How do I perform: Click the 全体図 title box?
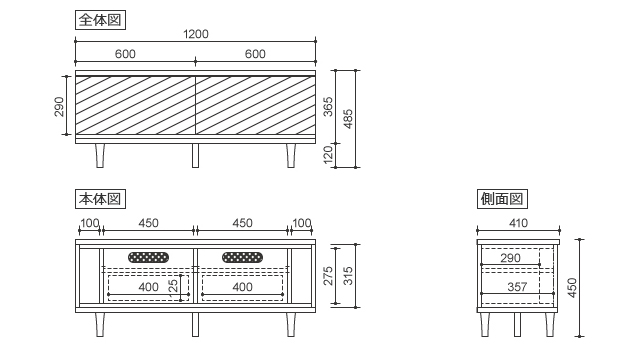tap(100, 20)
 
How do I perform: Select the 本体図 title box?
tap(100, 199)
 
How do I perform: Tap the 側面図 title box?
tap(502, 199)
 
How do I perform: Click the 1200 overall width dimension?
tap(196, 34)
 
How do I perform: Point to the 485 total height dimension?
tap(348, 119)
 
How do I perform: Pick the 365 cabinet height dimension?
tap(328, 107)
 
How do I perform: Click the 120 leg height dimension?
tap(328, 155)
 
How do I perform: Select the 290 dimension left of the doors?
tap(59, 107)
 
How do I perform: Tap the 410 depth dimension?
tap(518, 223)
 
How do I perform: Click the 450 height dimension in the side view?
tap(572, 288)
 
